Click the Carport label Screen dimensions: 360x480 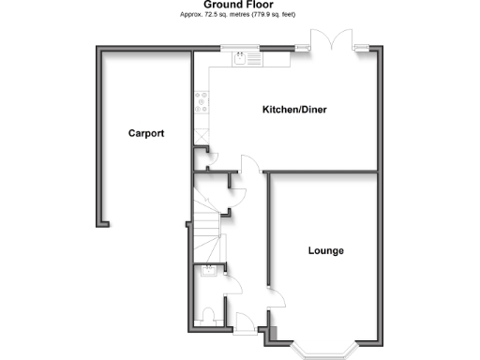pyautogui.click(x=146, y=134)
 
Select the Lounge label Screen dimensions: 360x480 pyautogui.click(x=325, y=250)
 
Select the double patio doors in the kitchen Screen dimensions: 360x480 pyautogui.click(x=334, y=43)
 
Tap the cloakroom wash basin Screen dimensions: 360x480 pyautogui.click(x=207, y=273)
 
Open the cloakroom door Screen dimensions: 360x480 pyautogui.click(x=230, y=278)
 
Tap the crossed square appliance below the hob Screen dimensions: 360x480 pyautogui.click(x=200, y=131)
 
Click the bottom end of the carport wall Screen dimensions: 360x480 pyautogui.click(x=101, y=224)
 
